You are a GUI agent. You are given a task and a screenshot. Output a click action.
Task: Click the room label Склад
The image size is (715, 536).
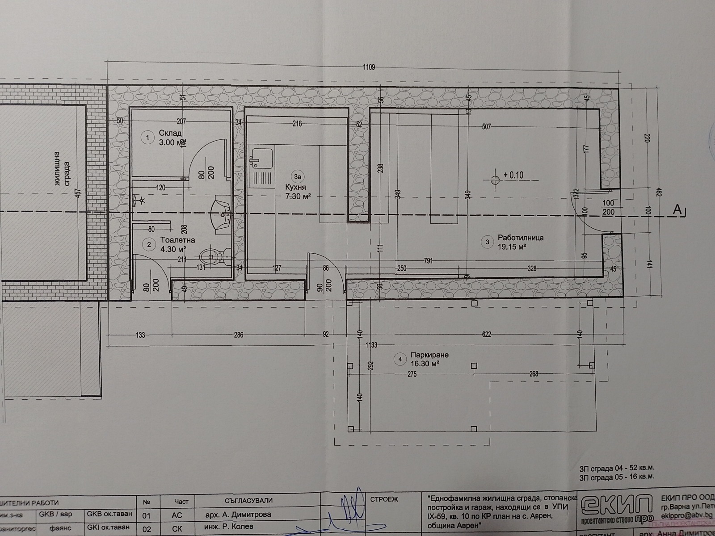coord(170,133)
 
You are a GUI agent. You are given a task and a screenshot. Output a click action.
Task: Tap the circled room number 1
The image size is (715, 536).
coord(147,138)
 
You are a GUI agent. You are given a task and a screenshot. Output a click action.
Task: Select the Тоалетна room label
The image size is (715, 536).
coord(177,240)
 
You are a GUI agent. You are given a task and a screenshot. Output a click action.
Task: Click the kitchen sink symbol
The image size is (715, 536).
coord(258,157)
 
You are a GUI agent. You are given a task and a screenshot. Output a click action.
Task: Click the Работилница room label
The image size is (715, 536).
coord(520,238)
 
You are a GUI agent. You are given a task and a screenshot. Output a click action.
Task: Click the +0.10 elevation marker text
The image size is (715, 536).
coord(513,175)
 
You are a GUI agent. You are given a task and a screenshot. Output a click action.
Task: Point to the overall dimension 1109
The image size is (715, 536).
coord(369,67)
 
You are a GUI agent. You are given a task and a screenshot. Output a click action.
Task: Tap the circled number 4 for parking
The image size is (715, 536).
coord(400,359)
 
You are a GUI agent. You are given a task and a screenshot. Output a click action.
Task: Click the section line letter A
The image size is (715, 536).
coord(679,209)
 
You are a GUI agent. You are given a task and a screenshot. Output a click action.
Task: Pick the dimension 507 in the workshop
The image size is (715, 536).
coord(486,127)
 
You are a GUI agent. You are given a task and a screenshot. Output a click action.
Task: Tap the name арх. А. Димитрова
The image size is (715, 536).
coord(238,515)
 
